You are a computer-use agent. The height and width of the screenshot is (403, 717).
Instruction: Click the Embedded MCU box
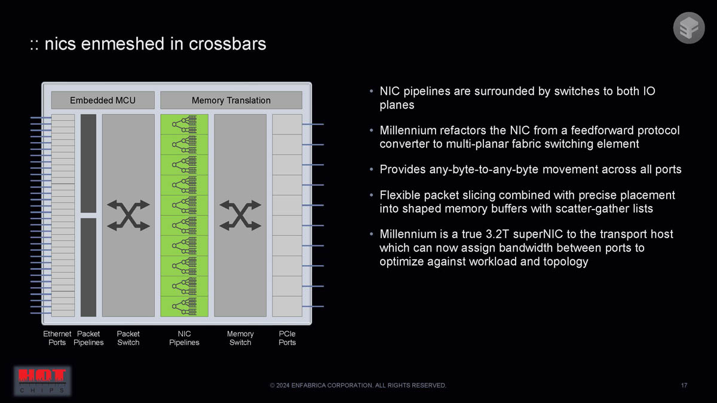pos(103,100)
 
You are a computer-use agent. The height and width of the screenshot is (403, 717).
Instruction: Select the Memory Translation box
pos(231,100)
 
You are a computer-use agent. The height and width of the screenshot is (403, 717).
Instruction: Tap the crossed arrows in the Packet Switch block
pos(128,216)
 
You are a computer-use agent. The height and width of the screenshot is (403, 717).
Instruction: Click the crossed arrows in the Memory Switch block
pos(240,216)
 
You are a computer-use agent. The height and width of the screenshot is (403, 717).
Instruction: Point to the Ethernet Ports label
pos(57,338)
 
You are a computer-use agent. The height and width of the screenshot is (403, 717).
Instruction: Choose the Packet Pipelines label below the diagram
pos(88,338)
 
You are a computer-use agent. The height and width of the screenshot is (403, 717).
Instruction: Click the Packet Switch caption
pos(128,338)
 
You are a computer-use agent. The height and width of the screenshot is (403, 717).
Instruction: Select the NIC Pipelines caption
pos(184,338)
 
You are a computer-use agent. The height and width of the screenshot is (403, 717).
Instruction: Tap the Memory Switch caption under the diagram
pos(240,338)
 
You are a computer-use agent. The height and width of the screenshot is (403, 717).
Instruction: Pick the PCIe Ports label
pos(287,338)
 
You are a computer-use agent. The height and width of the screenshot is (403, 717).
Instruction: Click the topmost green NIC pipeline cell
pos(185,124)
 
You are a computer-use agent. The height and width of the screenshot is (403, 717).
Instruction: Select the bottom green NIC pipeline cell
pos(185,306)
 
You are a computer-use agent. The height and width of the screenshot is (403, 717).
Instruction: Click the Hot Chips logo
pos(42,381)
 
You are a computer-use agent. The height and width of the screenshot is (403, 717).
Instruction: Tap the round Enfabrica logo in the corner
pos(689,28)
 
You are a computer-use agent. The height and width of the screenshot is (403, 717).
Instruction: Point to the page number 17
pos(684,385)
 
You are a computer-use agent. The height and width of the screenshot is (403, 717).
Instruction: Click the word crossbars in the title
pos(227,44)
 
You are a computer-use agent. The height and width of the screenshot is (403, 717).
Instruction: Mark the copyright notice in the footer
pos(358,385)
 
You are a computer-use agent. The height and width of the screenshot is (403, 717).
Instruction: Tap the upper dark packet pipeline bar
pos(88,164)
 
